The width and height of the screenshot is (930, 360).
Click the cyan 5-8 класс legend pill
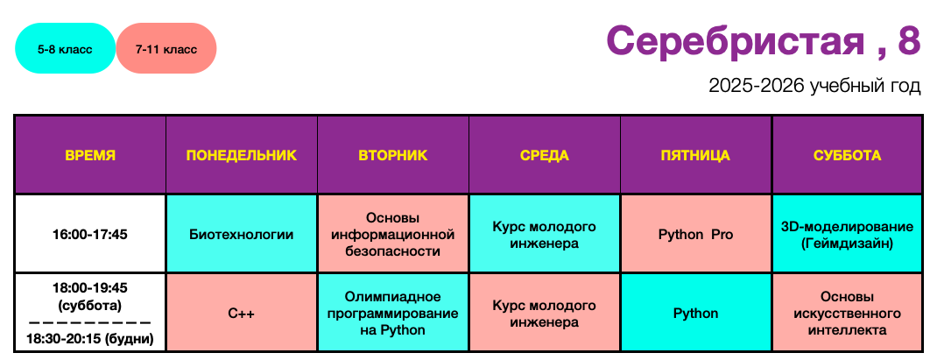pyautogui.click(x=66, y=48)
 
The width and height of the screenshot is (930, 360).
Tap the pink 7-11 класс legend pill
pyautogui.click(x=166, y=48)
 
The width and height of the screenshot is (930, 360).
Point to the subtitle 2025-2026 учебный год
pyautogui.click(x=814, y=87)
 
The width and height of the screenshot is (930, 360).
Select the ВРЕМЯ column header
pyautogui.click(x=90, y=155)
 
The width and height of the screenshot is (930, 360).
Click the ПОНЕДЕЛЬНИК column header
pyautogui.click(x=242, y=155)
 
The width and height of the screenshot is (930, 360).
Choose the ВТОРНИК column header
pyautogui.click(x=392, y=155)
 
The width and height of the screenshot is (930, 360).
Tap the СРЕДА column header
pyautogui.click(x=545, y=155)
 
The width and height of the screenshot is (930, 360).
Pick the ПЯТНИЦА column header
pyautogui.click(x=695, y=155)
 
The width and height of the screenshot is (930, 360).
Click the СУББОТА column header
pyautogui.click(x=848, y=155)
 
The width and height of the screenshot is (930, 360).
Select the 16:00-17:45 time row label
pyautogui.click(x=90, y=234)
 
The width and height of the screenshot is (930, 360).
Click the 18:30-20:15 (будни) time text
pyautogui.click(x=90, y=339)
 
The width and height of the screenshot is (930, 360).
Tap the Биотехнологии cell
pyautogui.click(x=242, y=234)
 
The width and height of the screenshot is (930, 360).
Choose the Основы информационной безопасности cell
pyautogui.click(x=392, y=234)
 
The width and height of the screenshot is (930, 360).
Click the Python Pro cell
pyautogui.click(x=695, y=234)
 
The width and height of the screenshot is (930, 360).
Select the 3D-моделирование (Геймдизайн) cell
pyautogui.click(x=848, y=234)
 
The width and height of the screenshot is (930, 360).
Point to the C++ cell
pyautogui.click(x=242, y=313)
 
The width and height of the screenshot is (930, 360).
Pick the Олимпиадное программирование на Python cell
pyautogui.click(x=392, y=313)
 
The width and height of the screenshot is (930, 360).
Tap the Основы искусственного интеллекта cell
pyautogui.click(x=848, y=313)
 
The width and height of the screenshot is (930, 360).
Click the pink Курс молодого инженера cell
pyautogui.click(x=545, y=313)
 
